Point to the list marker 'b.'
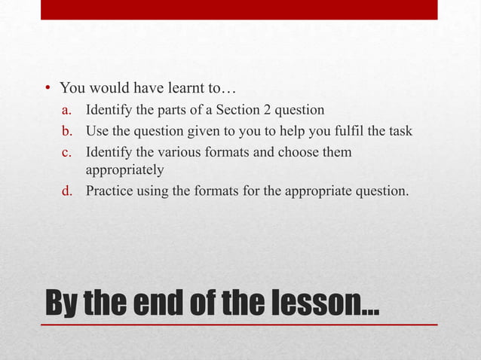coord(68,132)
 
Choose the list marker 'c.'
coord(68,152)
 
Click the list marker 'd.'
coord(68,191)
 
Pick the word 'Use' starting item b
coord(97,132)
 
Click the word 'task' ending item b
coord(399,132)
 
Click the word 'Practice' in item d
coord(109,191)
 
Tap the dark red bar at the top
coord(238,9)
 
